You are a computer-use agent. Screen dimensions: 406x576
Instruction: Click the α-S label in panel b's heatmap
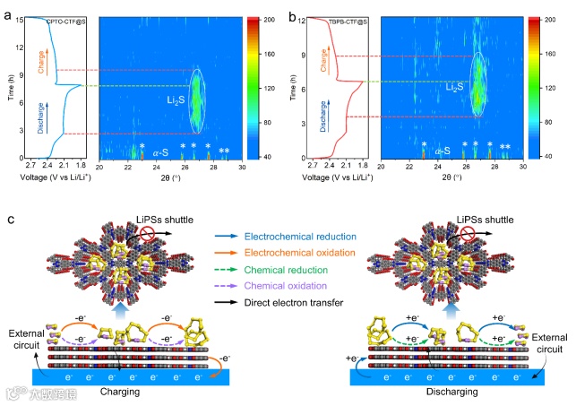442,151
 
